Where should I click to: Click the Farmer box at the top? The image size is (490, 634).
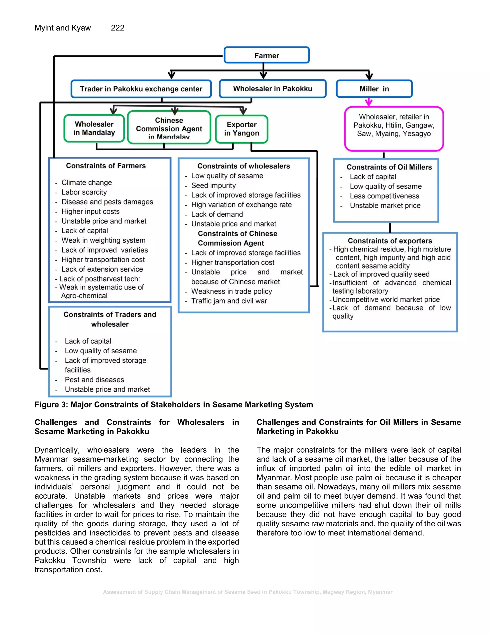click(267, 55)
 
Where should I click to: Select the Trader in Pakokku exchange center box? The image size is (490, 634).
click(141, 89)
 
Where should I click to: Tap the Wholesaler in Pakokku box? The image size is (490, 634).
click(273, 89)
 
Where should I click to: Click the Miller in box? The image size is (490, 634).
click(374, 89)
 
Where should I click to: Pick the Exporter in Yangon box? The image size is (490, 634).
click(241, 129)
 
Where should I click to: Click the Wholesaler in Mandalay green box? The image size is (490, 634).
click(94, 128)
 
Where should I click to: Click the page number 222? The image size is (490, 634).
click(117, 28)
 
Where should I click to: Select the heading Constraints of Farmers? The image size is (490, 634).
click(106, 166)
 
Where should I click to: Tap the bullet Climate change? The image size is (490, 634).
click(87, 183)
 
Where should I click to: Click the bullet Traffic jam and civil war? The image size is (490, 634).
click(229, 301)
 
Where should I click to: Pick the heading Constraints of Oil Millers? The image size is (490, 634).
click(389, 167)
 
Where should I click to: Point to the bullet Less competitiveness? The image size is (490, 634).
click(384, 196)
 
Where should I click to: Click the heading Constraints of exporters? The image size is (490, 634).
click(390, 241)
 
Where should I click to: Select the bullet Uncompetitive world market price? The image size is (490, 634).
click(386, 300)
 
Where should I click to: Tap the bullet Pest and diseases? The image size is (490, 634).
click(94, 380)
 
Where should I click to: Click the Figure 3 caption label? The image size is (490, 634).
click(174, 405)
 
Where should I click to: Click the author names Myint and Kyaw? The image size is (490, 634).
click(63, 28)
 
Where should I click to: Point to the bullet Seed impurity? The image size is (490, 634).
click(213, 185)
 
